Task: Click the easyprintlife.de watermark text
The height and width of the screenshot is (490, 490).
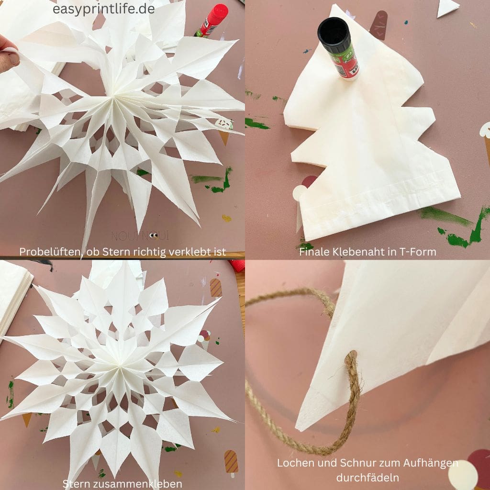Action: tap(103, 9)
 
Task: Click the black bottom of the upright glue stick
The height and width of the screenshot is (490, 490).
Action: tap(333, 32)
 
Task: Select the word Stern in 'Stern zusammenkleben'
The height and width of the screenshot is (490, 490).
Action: tap(75, 484)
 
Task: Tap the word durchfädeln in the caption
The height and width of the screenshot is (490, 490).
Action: tap(367, 478)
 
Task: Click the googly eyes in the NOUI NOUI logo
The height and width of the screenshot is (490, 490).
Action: tap(153, 235)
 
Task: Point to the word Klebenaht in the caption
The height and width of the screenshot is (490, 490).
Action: tap(358, 252)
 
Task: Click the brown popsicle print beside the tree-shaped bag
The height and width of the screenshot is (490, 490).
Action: tap(379, 25)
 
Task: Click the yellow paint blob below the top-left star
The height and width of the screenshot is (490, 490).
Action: tap(226, 218)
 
